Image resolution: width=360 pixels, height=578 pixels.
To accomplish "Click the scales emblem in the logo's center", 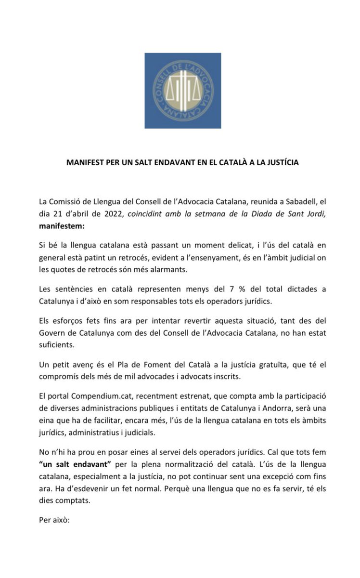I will pyautogui.click(x=182, y=91).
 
